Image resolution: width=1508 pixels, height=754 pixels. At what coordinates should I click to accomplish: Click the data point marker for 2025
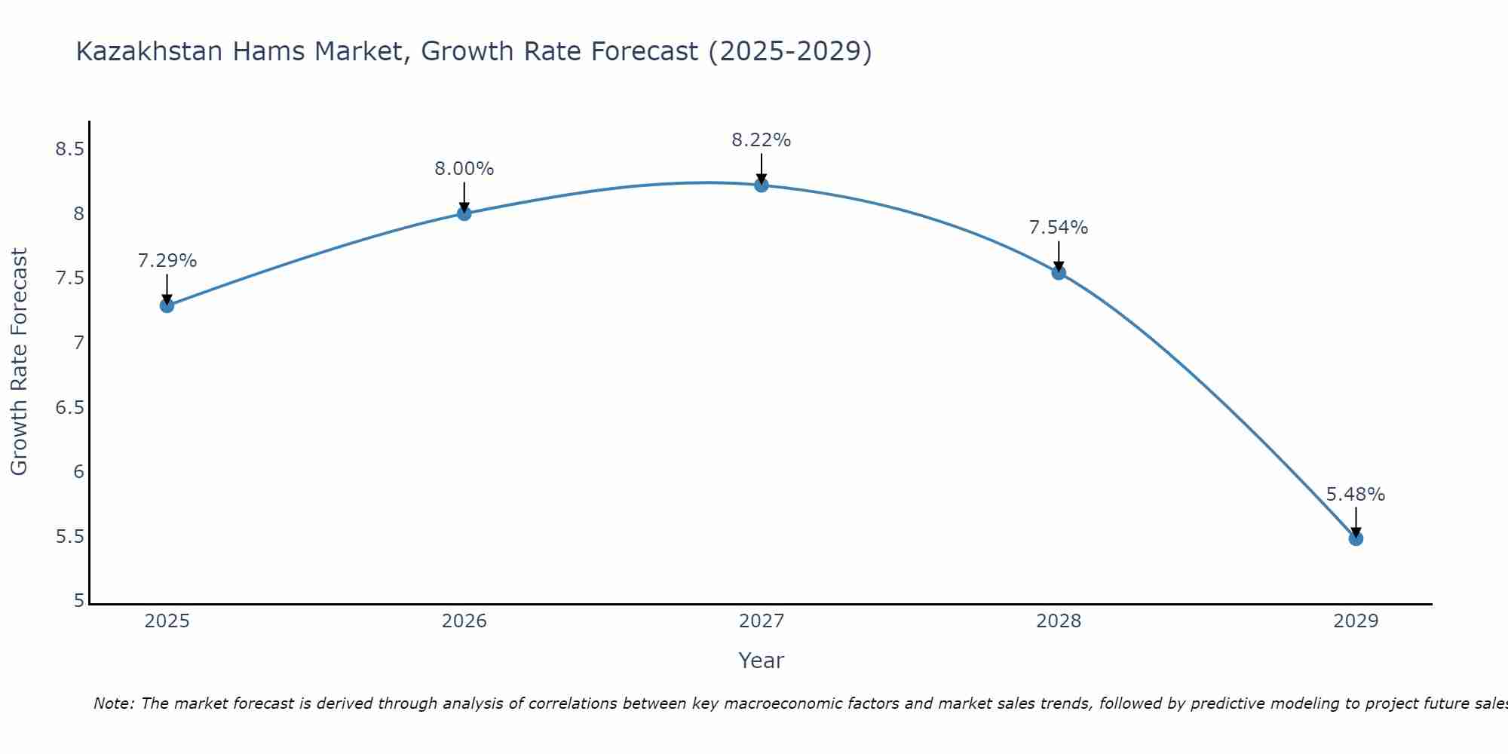click(167, 305)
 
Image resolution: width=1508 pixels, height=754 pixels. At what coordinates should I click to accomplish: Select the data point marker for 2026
click(464, 213)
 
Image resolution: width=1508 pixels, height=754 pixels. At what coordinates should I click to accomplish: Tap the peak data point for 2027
click(761, 185)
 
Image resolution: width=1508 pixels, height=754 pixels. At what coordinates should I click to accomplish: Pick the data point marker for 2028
click(1059, 272)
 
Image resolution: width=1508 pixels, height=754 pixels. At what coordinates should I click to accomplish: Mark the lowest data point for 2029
click(1356, 538)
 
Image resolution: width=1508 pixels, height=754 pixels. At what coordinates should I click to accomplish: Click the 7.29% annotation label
click(167, 261)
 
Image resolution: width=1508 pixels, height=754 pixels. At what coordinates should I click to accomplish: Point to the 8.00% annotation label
click(464, 169)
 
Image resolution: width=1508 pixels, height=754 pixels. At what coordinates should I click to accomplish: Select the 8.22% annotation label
click(761, 140)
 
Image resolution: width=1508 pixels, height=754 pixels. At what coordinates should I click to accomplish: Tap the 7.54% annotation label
click(1059, 228)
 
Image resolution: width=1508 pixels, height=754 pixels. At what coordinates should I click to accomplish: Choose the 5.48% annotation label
click(1356, 495)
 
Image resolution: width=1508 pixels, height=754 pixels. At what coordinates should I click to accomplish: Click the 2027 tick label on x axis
click(761, 621)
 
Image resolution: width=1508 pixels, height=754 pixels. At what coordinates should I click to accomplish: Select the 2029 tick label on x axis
click(1356, 621)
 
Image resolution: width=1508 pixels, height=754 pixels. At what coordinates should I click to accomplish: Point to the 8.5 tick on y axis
click(69, 149)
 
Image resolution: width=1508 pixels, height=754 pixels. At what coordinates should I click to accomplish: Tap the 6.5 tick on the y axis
click(69, 408)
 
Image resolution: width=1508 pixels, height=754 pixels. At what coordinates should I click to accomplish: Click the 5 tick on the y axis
click(78, 601)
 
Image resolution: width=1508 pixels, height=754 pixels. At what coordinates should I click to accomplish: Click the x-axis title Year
click(761, 661)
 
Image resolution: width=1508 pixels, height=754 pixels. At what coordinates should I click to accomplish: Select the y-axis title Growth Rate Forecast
click(19, 362)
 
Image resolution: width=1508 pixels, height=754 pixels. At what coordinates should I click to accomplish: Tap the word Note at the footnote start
click(113, 703)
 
